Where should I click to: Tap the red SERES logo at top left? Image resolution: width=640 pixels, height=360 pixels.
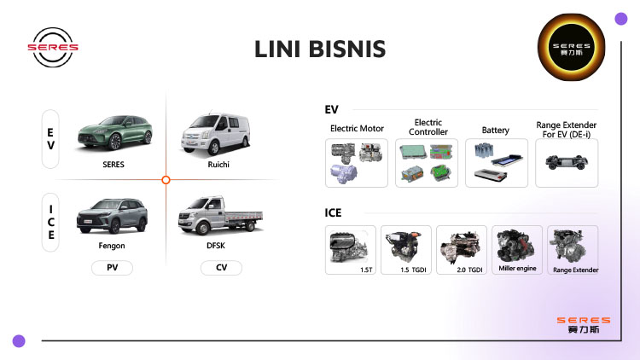(x=53, y=46)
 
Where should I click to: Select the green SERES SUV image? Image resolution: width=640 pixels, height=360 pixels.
(x=113, y=133)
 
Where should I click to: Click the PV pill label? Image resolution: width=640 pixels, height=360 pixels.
(x=112, y=268)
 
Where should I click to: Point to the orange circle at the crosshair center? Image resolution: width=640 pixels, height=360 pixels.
(x=166, y=179)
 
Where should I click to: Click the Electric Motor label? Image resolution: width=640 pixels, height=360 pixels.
(x=357, y=129)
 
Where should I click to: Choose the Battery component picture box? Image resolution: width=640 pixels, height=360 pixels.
(x=496, y=163)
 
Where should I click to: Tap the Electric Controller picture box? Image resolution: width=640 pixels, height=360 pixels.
(x=427, y=163)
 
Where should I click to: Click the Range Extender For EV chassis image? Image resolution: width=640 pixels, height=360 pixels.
(x=566, y=163)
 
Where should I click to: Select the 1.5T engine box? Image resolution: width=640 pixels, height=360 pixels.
(x=350, y=249)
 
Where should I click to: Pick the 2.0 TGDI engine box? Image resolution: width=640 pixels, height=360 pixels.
(x=461, y=249)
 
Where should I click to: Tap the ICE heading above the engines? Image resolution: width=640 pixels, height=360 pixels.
(x=334, y=212)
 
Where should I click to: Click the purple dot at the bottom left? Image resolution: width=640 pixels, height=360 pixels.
(x=19, y=340)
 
